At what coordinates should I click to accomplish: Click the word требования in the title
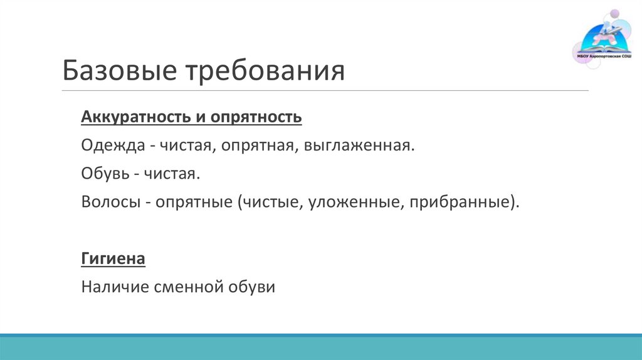tap(265, 70)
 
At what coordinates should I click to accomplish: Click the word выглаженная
tap(359, 146)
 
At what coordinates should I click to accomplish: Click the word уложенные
tap(348, 203)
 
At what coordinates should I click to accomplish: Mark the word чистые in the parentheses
tap(270, 203)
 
